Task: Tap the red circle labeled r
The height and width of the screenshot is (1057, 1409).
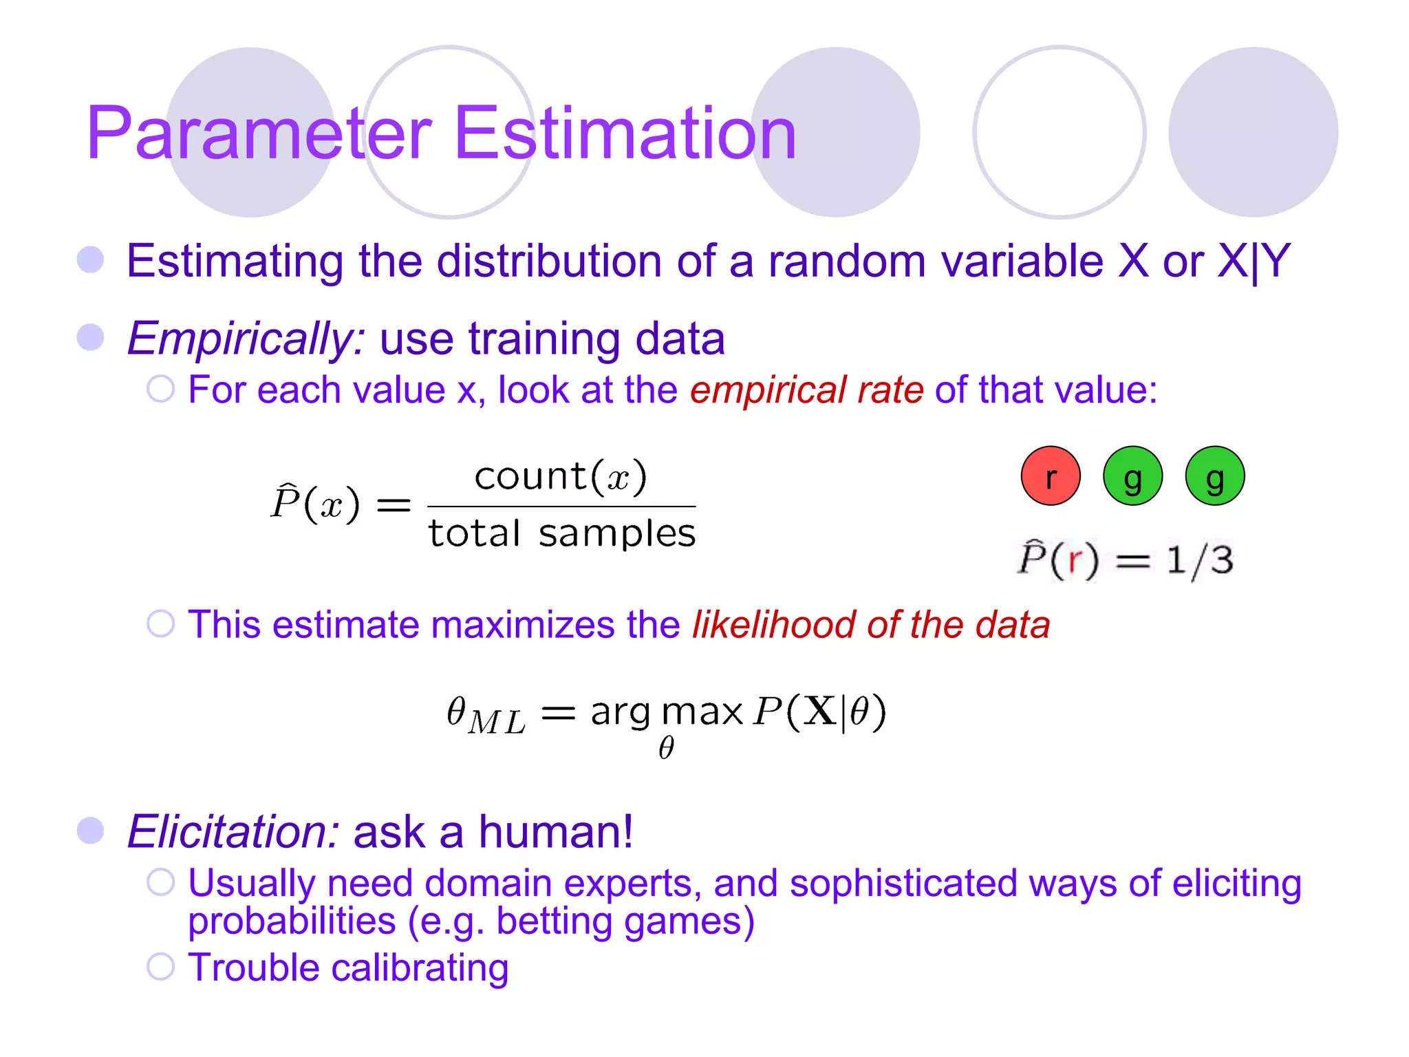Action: (1050, 476)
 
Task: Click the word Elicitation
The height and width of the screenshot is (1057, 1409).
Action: (233, 831)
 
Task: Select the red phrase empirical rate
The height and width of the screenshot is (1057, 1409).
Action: (806, 390)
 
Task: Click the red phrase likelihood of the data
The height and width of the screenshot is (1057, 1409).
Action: (870, 625)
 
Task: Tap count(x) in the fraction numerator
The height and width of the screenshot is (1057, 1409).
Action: (561, 476)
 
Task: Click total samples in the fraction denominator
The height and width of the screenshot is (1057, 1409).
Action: (561, 534)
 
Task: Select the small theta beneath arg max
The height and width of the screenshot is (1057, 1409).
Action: (666, 748)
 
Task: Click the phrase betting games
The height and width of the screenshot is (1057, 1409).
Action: (625, 921)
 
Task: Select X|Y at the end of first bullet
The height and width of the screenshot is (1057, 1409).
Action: (1254, 261)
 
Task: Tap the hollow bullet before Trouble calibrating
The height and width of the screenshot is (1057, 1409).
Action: (161, 967)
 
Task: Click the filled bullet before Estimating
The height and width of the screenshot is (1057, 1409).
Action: (91, 260)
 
